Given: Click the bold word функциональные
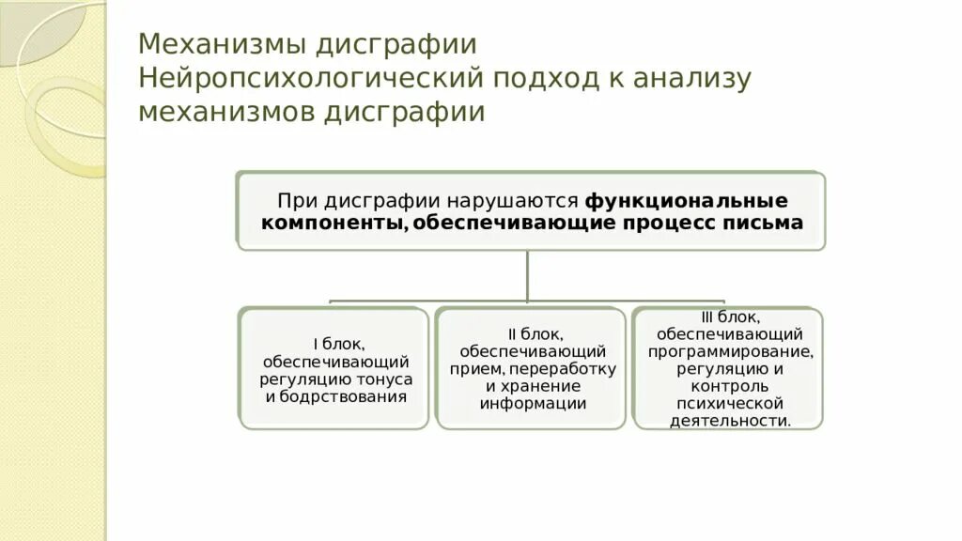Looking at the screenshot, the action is point(687,201).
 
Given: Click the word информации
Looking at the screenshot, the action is point(533,404).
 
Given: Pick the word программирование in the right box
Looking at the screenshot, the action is point(730,351).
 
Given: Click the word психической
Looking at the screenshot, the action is point(730,404).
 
